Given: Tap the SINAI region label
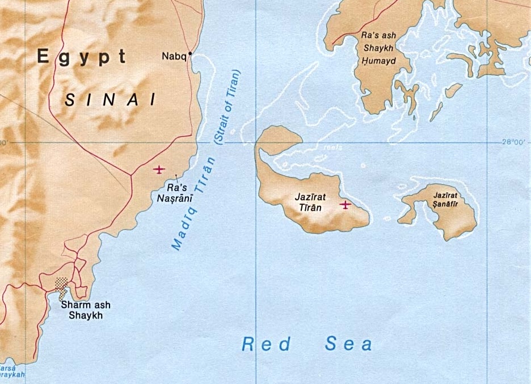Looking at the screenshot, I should [110, 100].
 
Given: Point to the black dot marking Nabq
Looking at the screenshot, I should [190, 54].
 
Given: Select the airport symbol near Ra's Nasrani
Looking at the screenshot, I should [159, 169].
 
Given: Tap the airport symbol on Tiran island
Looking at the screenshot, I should [345, 204].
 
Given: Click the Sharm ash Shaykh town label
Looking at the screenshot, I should [86, 310].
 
